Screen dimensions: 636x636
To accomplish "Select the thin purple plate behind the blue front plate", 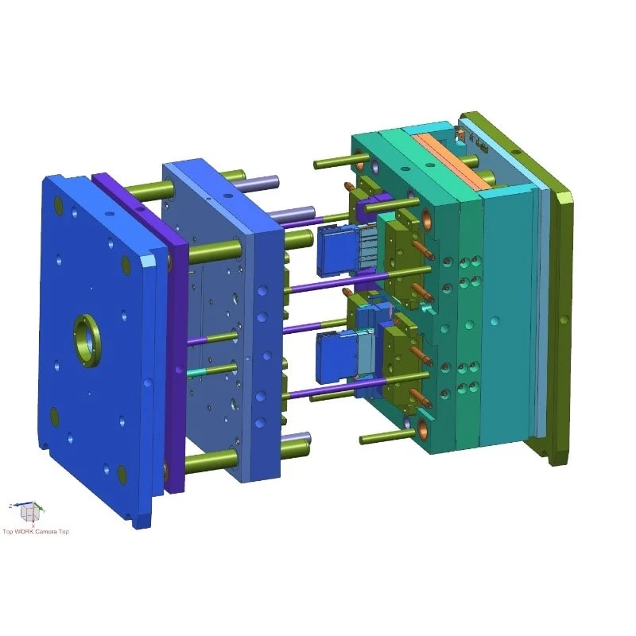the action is (x=176, y=334).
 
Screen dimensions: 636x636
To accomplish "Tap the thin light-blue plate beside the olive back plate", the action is (x=542, y=302).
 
